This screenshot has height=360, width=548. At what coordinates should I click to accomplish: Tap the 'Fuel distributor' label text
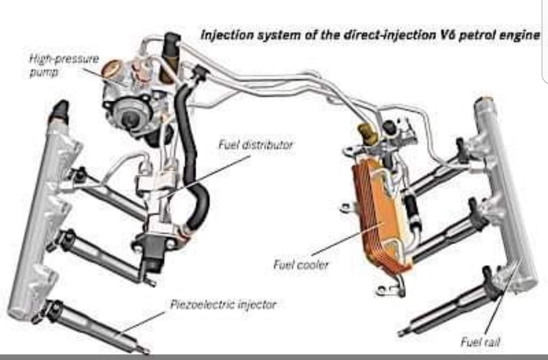(255, 145)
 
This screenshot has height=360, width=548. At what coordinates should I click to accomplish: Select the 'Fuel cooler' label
(301, 265)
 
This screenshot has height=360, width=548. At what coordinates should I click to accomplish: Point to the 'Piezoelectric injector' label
(223, 305)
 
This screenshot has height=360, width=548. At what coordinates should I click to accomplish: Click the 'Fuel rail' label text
(479, 342)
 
